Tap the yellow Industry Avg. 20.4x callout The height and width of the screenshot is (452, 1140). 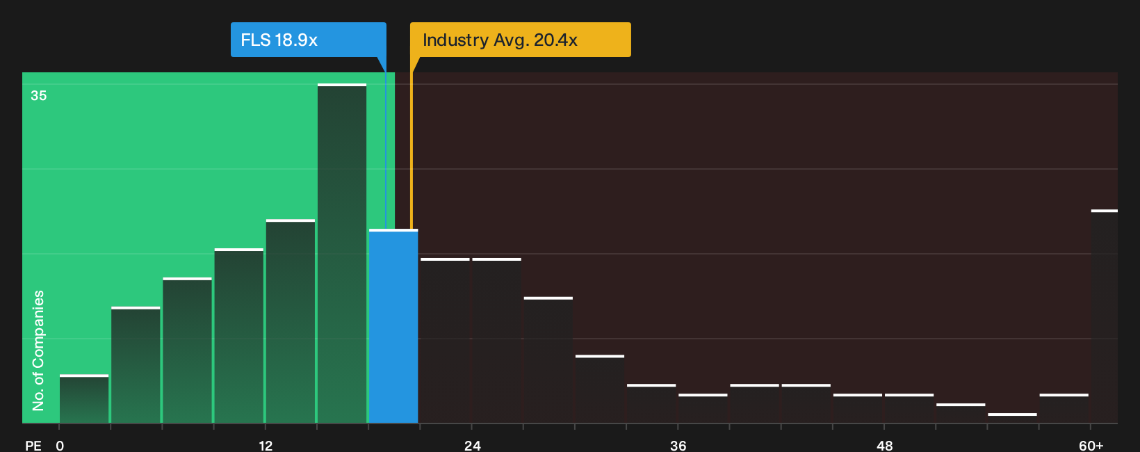(520, 40)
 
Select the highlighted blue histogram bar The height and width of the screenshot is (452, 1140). (393, 326)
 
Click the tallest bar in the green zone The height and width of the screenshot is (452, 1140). (342, 254)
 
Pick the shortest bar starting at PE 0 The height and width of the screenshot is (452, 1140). (84, 399)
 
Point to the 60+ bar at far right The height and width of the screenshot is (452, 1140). (1105, 316)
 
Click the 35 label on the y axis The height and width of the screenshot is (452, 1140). (39, 96)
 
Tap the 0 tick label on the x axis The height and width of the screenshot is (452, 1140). (60, 446)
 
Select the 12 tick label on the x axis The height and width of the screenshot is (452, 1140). (266, 446)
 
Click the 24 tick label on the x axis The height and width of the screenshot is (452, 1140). (472, 446)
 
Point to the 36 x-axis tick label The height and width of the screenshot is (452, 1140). (678, 446)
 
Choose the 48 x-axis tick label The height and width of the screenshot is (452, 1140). (884, 446)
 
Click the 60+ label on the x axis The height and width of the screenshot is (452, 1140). (1091, 446)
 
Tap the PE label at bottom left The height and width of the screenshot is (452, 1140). (33, 446)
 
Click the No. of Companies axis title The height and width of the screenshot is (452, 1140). (38, 350)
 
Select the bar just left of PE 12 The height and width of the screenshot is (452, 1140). (238, 336)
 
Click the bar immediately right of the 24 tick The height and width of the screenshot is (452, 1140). (497, 341)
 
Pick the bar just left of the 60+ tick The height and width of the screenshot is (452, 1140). (1064, 409)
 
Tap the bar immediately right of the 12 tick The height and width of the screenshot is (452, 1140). (290, 321)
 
